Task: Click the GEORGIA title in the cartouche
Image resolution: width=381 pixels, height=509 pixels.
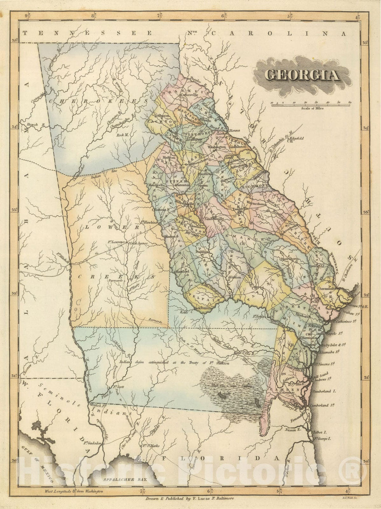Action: click(x=302, y=75)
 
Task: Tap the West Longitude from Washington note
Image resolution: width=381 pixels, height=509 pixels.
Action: click(x=74, y=491)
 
